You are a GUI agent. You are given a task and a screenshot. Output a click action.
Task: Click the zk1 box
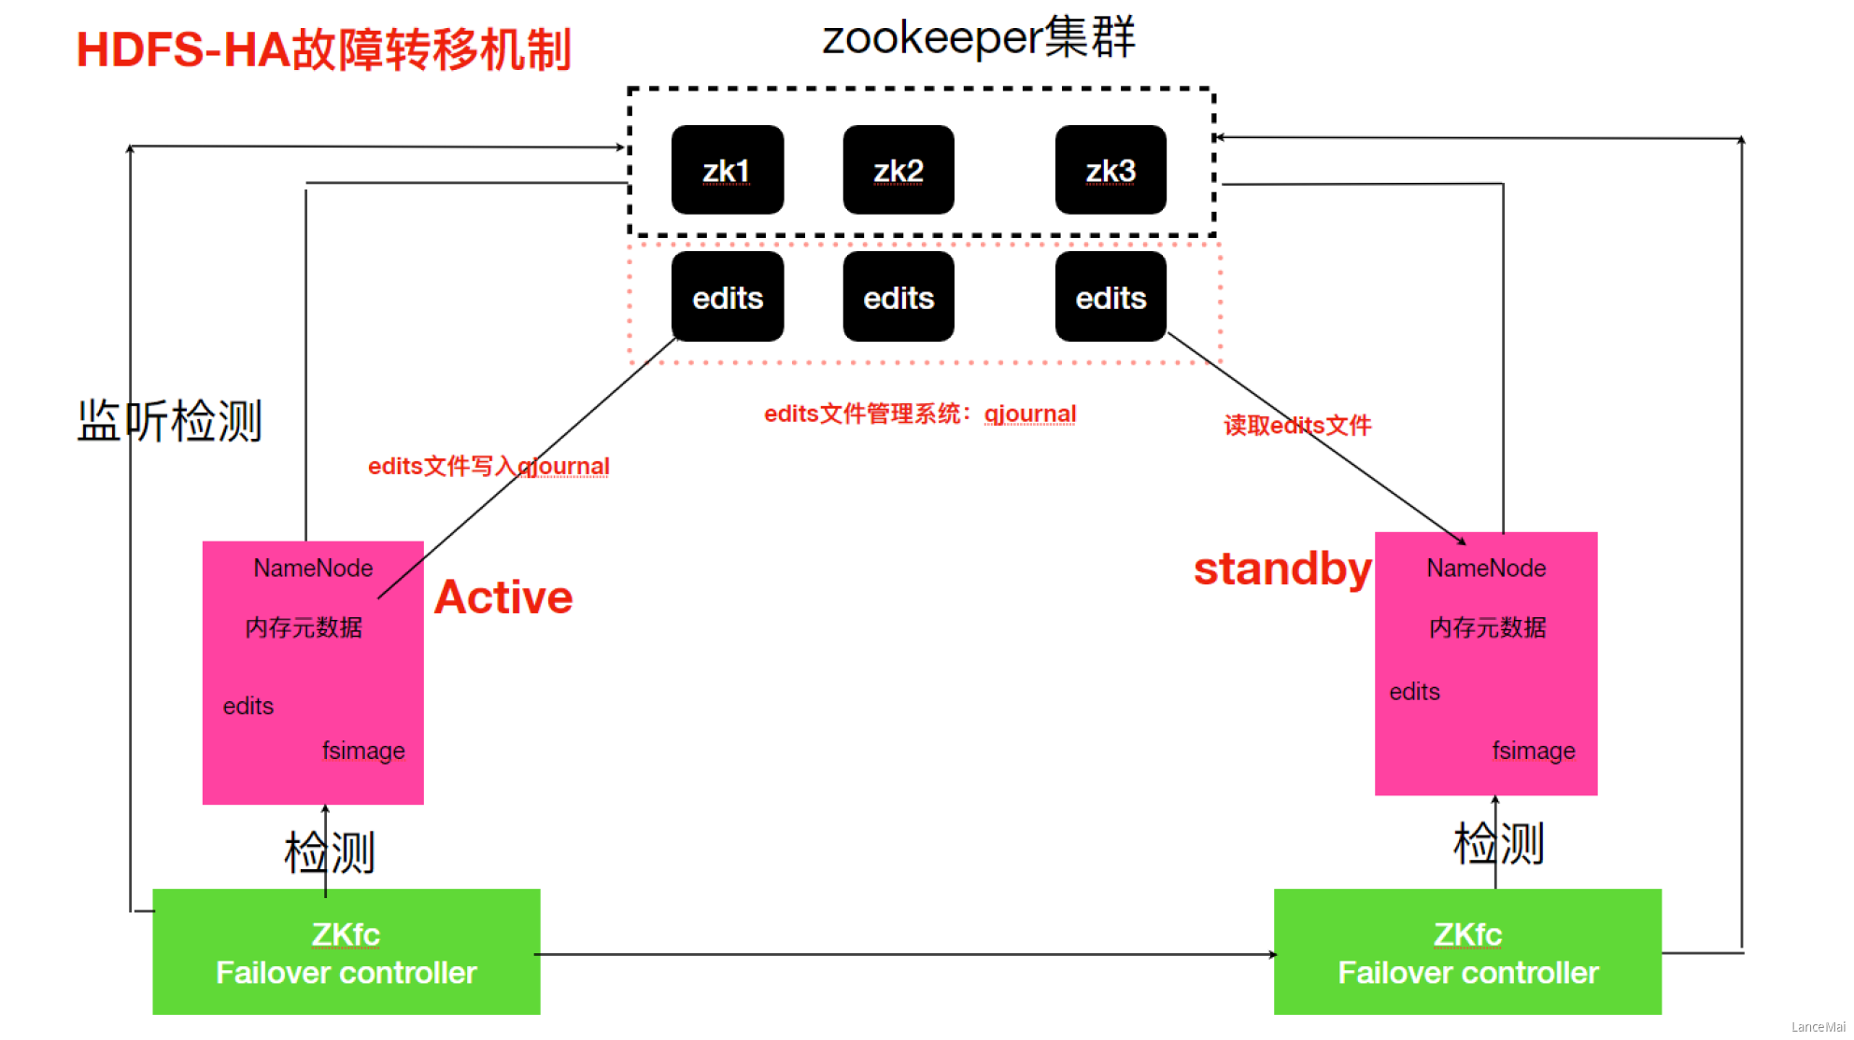coord(728,170)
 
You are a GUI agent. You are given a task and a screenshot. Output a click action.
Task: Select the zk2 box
coord(899,170)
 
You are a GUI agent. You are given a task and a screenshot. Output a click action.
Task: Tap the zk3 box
coord(1111,170)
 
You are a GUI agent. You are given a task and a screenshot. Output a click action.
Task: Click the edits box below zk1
coord(728,297)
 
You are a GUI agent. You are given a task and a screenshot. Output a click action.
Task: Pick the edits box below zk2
coord(899,297)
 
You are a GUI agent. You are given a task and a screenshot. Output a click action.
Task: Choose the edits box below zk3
coord(1111,297)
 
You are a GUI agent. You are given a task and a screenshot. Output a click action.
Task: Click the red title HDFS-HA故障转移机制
coord(323,50)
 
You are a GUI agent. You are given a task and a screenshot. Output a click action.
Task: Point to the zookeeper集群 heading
coord(978,37)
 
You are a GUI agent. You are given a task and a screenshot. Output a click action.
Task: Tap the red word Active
coord(503,597)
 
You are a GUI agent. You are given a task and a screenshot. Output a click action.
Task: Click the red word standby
coord(1282,569)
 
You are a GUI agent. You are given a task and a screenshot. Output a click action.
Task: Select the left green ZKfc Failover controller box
coord(347,951)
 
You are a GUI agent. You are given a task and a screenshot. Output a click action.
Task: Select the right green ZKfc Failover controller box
coord(1467,951)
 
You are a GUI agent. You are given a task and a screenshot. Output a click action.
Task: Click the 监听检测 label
coord(169,420)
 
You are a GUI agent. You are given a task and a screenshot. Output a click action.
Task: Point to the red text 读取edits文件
coord(1297,426)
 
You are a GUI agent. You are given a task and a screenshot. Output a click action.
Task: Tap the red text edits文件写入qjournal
coord(488,466)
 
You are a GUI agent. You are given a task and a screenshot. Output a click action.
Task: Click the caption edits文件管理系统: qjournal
coord(920,414)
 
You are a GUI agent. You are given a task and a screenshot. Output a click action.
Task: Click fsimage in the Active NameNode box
coord(363,751)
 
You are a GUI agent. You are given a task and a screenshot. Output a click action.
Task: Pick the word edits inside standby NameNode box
coord(1414,692)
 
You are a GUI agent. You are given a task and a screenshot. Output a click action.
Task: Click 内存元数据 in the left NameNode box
coord(304,627)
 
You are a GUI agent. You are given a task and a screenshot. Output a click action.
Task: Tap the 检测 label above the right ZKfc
coord(1498,843)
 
